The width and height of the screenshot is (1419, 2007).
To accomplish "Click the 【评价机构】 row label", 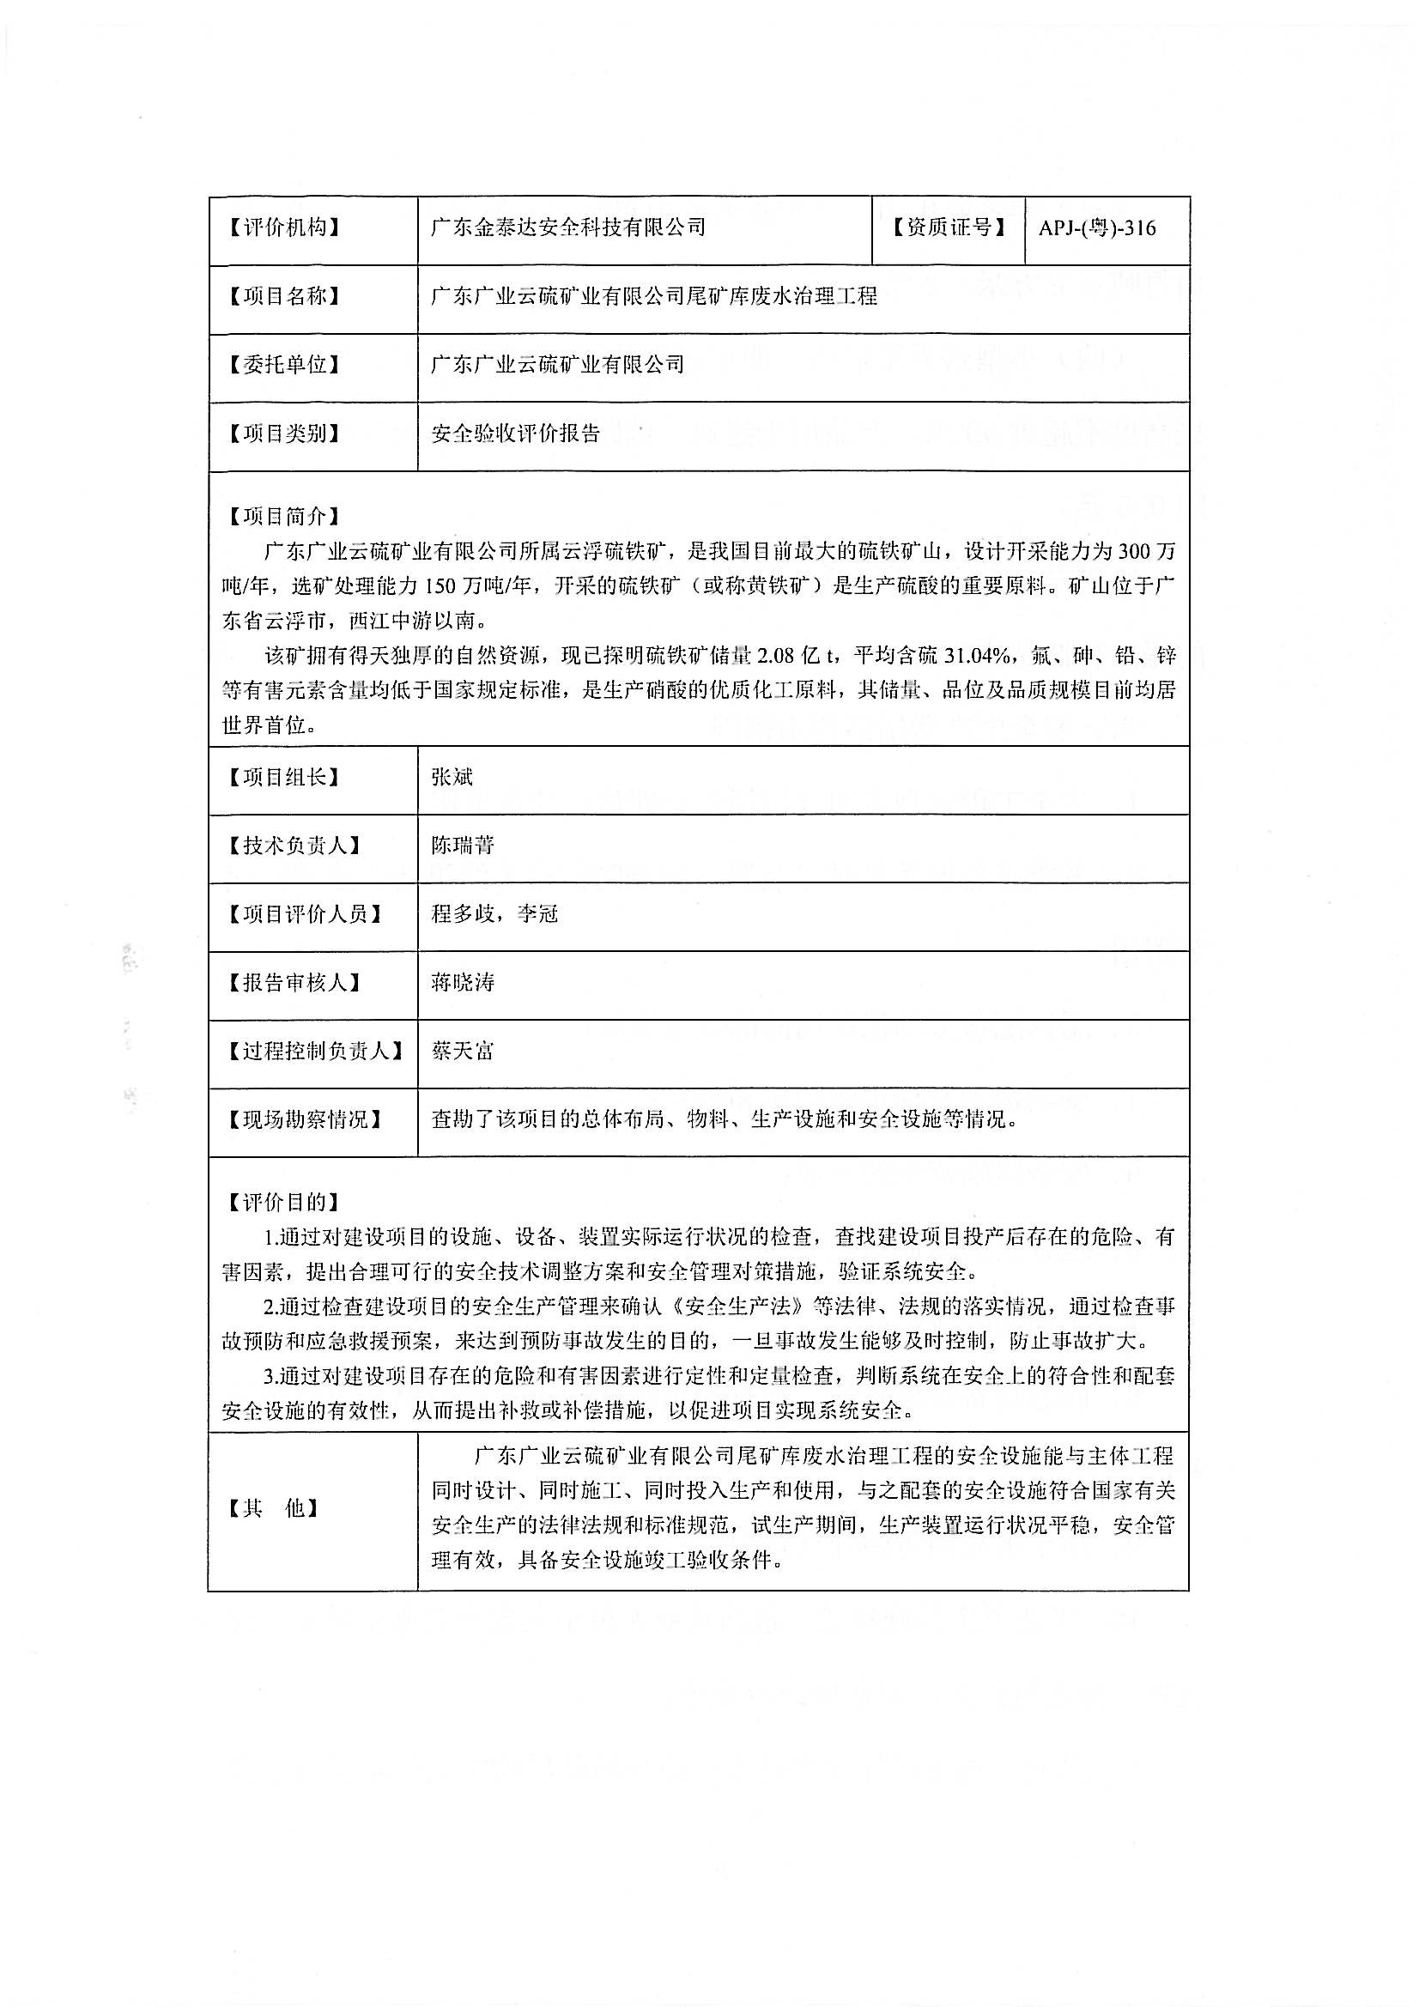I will pyautogui.click(x=283, y=228).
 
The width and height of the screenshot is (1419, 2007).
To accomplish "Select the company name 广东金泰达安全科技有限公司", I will pyautogui.click(x=568, y=228).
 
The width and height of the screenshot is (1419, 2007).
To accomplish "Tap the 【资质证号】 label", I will pyautogui.click(x=948, y=228).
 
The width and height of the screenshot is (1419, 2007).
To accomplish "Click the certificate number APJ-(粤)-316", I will pyautogui.click(x=1096, y=229).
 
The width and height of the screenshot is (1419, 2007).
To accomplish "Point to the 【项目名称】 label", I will pyautogui.click(x=283, y=296).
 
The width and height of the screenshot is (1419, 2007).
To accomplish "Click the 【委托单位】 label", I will pyautogui.click(x=283, y=365).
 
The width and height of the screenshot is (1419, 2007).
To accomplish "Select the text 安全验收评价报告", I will pyautogui.click(x=516, y=434).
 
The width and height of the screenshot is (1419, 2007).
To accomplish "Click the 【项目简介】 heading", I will pyautogui.click(x=283, y=517).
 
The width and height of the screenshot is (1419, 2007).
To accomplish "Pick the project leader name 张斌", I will pyautogui.click(x=452, y=777).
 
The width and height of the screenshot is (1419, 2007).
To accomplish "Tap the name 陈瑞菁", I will pyautogui.click(x=463, y=846).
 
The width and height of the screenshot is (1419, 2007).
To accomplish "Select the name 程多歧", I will pyautogui.click(x=463, y=914).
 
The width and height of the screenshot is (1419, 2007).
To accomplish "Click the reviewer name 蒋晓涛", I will pyautogui.click(x=463, y=983).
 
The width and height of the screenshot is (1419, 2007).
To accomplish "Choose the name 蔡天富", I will pyautogui.click(x=463, y=1051).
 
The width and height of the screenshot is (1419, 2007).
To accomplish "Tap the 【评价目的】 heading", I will pyautogui.click(x=283, y=1203).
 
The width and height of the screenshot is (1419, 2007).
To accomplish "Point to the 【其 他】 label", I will pyautogui.click(x=273, y=1508).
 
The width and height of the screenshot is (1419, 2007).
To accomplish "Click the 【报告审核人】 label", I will pyautogui.click(x=294, y=983).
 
